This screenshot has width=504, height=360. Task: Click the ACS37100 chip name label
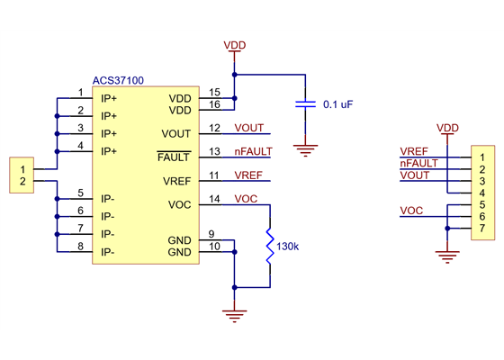(117, 80)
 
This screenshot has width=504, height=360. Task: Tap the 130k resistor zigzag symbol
(269, 245)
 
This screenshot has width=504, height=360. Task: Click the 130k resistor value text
(288, 246)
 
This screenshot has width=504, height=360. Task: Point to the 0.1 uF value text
(337, 105)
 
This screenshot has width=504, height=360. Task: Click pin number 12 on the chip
(214, 128)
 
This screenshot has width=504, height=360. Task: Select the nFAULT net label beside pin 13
(253, 151)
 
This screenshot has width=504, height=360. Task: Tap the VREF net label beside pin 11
(248, 175)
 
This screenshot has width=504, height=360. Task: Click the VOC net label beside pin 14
(246, 198)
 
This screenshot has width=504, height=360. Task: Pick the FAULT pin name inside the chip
(174, 157)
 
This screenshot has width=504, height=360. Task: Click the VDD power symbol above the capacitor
(234, 46)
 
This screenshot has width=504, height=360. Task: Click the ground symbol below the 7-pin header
(446, 257)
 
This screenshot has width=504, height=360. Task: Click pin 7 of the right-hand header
(482, 229)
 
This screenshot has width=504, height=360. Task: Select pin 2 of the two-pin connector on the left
(23, 181)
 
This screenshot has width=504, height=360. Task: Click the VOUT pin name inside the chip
(176, 134)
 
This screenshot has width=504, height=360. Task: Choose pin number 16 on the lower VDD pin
(214, 104)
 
